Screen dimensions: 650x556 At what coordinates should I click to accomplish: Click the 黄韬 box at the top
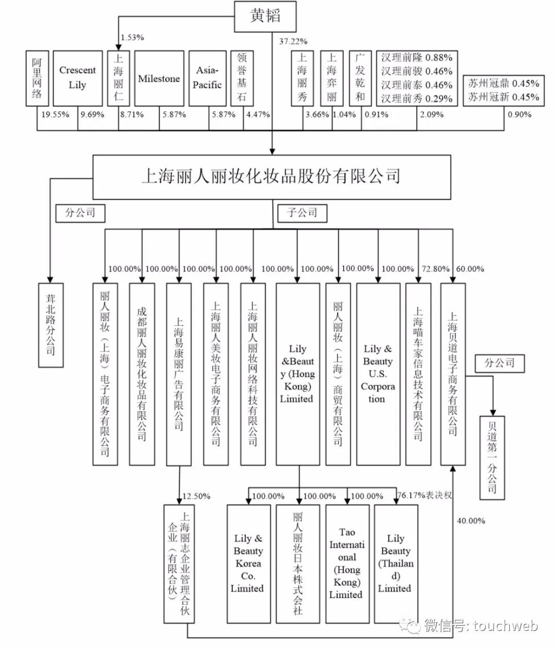(266, 16)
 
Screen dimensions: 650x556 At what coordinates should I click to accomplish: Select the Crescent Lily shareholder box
(78, 78)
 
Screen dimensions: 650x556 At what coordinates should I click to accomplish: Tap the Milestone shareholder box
(159, 79)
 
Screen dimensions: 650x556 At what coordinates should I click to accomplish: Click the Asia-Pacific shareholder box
(207, 78)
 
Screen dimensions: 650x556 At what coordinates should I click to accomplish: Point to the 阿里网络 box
(37, 78)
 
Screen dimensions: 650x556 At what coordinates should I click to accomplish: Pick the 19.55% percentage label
(55, 114)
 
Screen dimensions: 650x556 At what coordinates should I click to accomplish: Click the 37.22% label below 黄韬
(293, 41)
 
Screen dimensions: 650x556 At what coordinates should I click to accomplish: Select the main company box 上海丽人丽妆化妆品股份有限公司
(271, 177)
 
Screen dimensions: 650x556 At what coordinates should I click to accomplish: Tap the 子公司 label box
(302, 213)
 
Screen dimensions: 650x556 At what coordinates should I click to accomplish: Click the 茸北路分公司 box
(51, 325)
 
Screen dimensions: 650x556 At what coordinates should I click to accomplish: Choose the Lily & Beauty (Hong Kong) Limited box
(298, 374)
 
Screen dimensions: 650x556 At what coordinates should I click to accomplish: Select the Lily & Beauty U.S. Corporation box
(378, 374)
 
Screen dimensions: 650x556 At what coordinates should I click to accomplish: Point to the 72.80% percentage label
(436, 269)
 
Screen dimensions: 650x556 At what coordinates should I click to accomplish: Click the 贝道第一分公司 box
(492, 458)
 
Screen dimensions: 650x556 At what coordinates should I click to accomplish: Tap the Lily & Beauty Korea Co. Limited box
(249, 564)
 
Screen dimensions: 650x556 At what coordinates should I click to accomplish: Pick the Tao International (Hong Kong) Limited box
(347, 564)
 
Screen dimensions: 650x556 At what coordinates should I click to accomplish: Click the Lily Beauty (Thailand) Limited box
(395, 564)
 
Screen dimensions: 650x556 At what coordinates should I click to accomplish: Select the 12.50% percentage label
(196, 496)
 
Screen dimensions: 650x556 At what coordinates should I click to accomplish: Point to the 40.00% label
(471, 521)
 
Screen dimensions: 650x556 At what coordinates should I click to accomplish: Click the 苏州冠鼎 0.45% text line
(503, 83)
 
